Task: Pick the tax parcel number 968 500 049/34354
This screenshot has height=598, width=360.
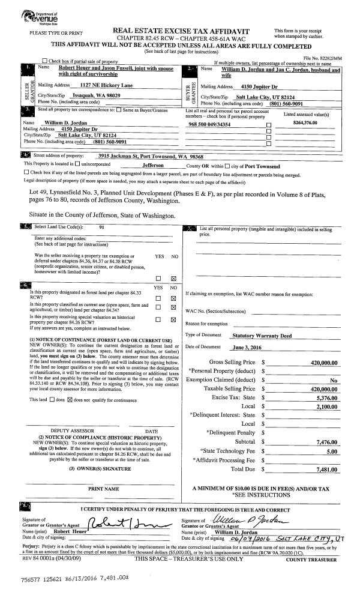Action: (x=209, y=124)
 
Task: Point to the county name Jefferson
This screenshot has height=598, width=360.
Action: (x=154, y=166)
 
